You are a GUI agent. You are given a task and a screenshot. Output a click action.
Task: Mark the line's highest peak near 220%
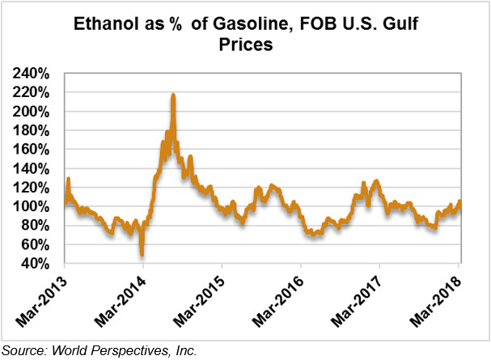click(173, 95)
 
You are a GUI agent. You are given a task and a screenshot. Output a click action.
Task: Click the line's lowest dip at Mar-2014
click(142, 253)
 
